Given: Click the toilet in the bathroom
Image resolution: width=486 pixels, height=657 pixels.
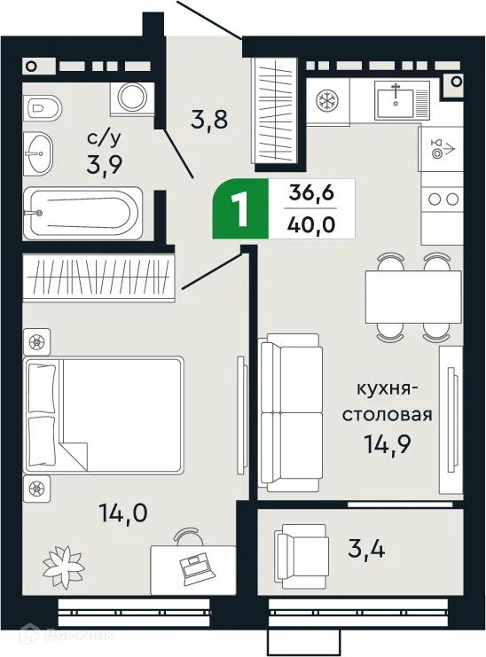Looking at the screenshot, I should pos(43,108).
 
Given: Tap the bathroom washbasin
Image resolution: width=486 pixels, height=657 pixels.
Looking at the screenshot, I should pos(39,154).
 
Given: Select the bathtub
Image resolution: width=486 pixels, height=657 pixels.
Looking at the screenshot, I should pos(82,212).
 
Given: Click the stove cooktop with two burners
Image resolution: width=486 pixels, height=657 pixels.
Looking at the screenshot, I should pos(441,199).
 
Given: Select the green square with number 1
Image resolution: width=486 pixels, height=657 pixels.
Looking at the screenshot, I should pos(239,209).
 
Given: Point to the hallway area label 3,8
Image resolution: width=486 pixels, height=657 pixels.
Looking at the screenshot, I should pos(210,118).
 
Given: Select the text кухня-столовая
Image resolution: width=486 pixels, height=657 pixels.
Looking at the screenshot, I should pos(394,403).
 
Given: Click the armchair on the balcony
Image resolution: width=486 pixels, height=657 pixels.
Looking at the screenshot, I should pos(301,551).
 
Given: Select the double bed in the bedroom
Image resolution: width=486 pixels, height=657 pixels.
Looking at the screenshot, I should pos(105,415).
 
